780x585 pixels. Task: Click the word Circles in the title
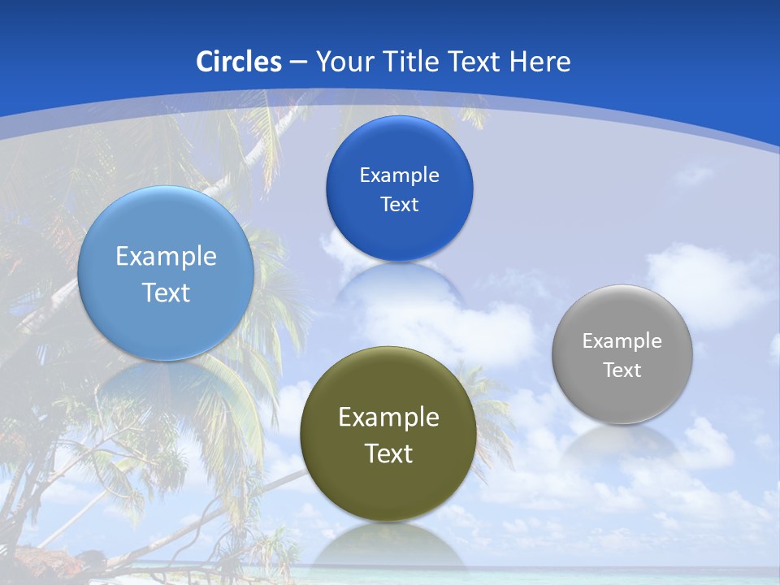[239, 62]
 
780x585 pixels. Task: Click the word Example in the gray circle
[622, 341]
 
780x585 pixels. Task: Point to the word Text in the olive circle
[388, 453]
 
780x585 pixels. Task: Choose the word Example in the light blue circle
[166, 257]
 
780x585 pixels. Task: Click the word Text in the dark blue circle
[399, 205]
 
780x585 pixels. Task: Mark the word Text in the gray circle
[622, 370]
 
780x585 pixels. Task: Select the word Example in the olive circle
[388, 418]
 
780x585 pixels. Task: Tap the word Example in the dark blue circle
[399, 175]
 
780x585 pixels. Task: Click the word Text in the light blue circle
[166, 292]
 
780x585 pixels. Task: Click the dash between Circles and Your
[298, 62]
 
